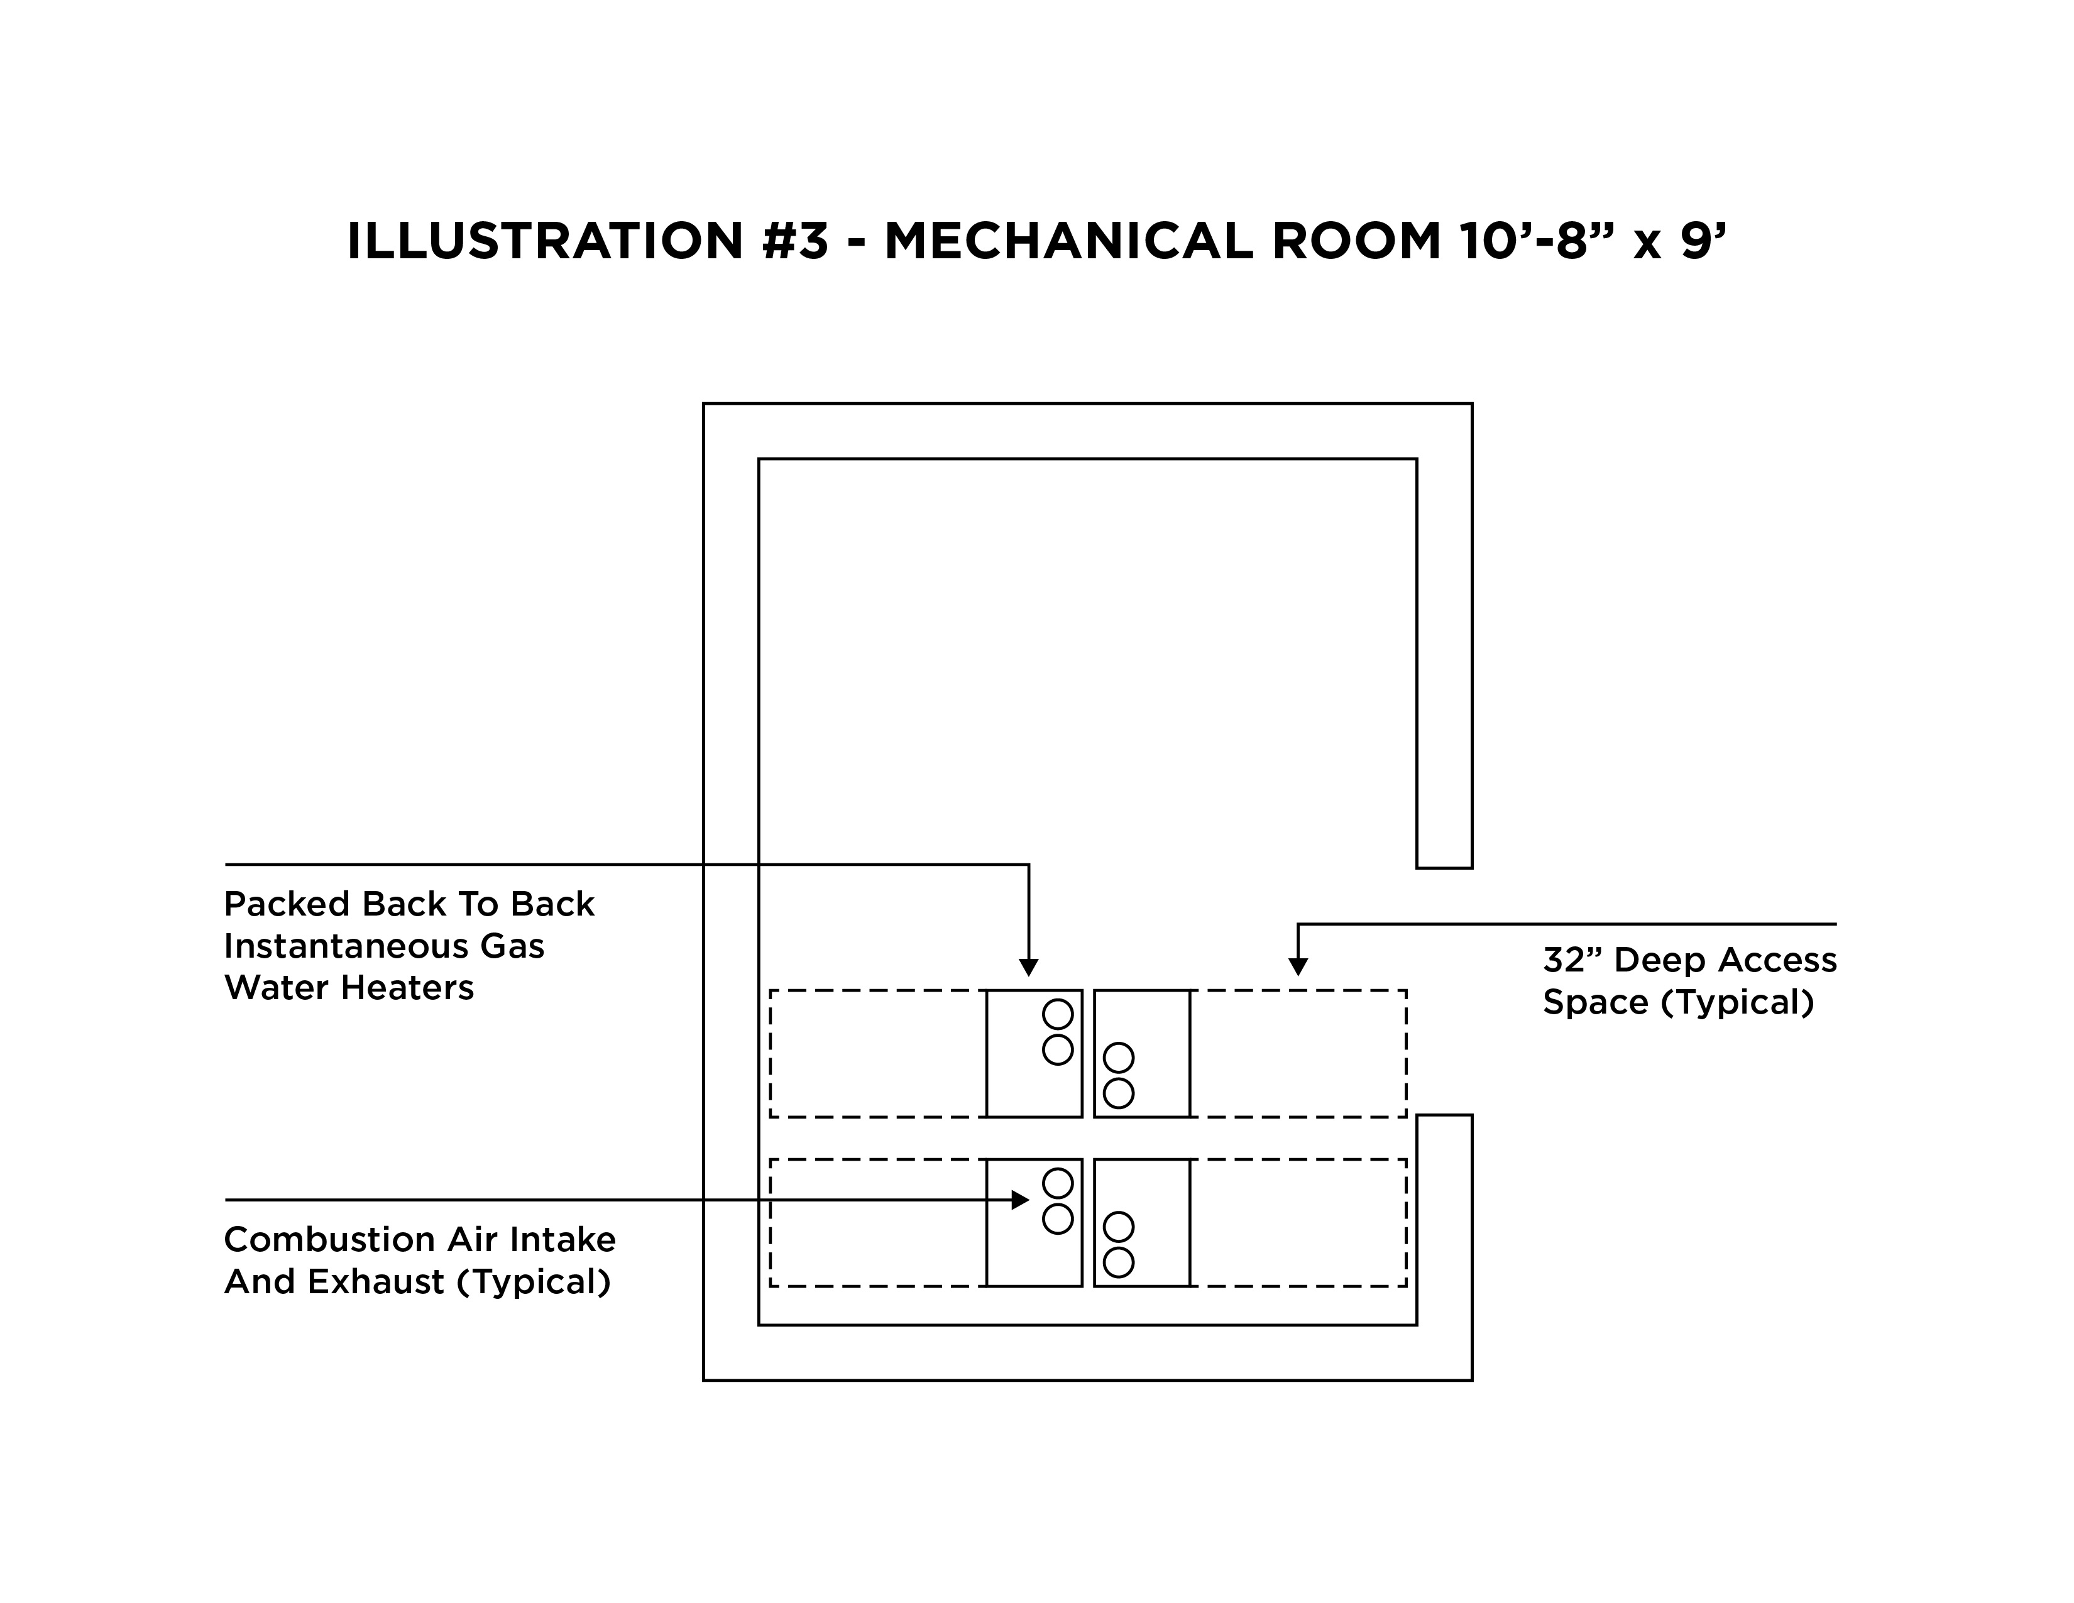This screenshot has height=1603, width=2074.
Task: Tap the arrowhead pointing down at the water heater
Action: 1028,968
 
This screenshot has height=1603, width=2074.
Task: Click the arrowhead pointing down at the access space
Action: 1298,966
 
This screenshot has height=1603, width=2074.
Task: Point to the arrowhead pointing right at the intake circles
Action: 1021,1200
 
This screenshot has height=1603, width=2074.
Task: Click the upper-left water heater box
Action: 1034,1054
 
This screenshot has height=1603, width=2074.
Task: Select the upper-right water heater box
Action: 1143,1054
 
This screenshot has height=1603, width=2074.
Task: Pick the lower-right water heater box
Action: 1143,1223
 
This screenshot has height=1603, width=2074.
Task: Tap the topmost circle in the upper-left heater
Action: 1058,1014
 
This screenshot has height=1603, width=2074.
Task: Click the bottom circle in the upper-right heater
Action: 1119,1093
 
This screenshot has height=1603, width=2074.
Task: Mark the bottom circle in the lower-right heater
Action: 1119,1262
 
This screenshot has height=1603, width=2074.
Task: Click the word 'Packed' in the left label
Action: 288,904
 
